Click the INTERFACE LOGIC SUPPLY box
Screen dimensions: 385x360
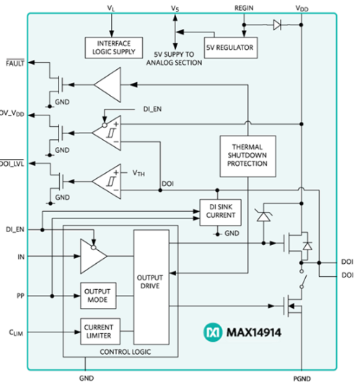pyautogui.click(x=109, y=48)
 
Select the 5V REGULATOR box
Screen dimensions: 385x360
pyautogui.click(x=230, y=48)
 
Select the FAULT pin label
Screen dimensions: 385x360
pyautogui.click(x=14, y=64)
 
